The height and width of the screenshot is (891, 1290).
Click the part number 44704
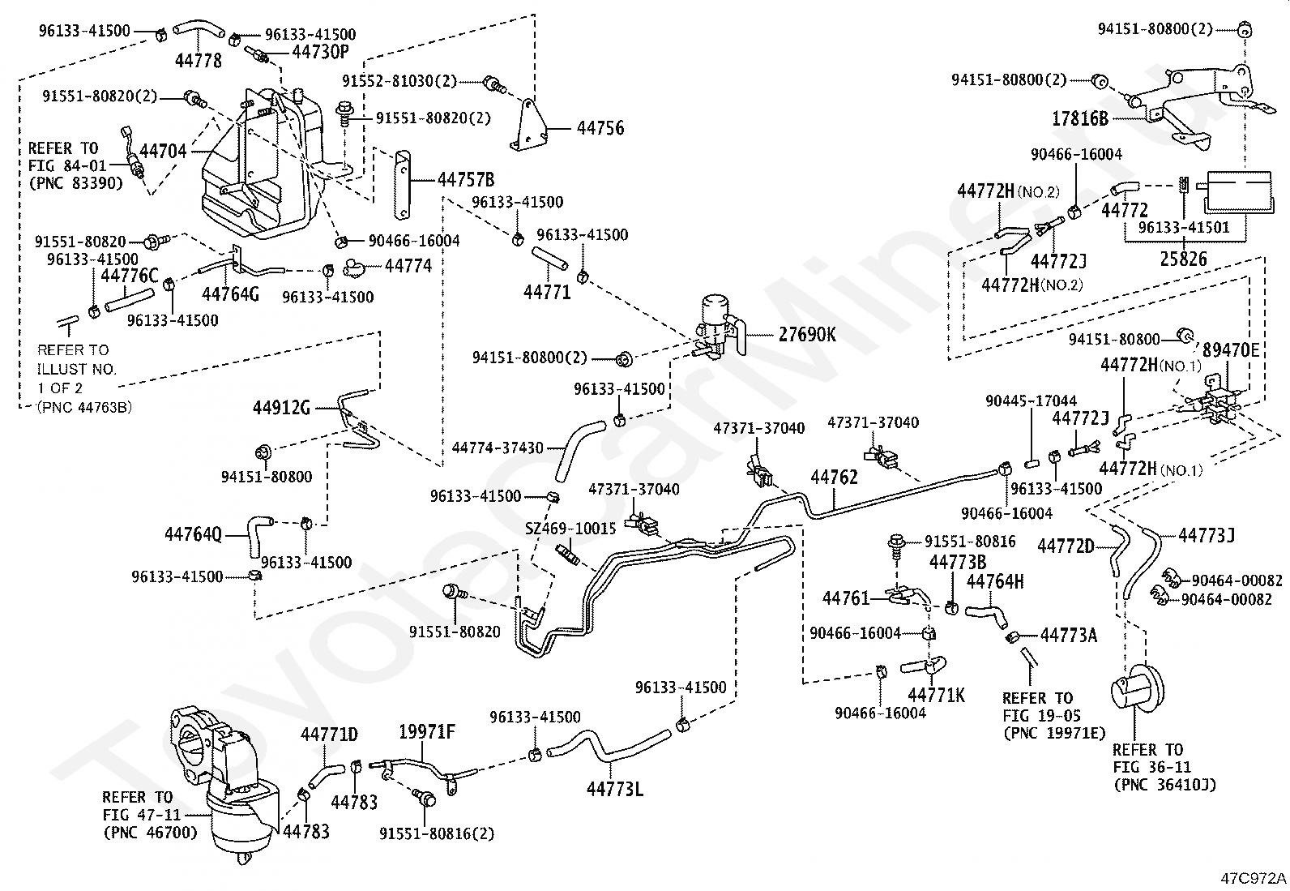coord(163,152)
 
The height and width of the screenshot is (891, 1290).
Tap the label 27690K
coord(807,334)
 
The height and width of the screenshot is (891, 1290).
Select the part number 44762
coord(834,478)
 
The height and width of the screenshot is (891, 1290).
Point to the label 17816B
coord(1080,118)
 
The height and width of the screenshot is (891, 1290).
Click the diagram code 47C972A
coord(1254,878)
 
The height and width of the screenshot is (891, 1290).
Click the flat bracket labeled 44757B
coord(403,185)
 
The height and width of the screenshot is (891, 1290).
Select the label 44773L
coord(614,788)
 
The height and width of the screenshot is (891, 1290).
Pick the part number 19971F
coord(427,732)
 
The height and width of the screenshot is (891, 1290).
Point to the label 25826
coord(1183,259)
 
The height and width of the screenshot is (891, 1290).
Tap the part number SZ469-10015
coord(570,529)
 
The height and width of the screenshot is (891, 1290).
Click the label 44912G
coord(282,408)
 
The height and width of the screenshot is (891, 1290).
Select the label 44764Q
coord(194,535)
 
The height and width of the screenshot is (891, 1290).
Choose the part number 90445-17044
coord(1031,401)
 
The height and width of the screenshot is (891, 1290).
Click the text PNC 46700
coord(150,833)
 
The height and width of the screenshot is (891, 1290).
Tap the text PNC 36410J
coord(1165,785)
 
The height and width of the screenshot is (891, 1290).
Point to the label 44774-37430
coord(498,448)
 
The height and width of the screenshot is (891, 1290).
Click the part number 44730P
coord(320,52)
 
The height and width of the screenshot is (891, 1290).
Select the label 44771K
coord(936,696)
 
